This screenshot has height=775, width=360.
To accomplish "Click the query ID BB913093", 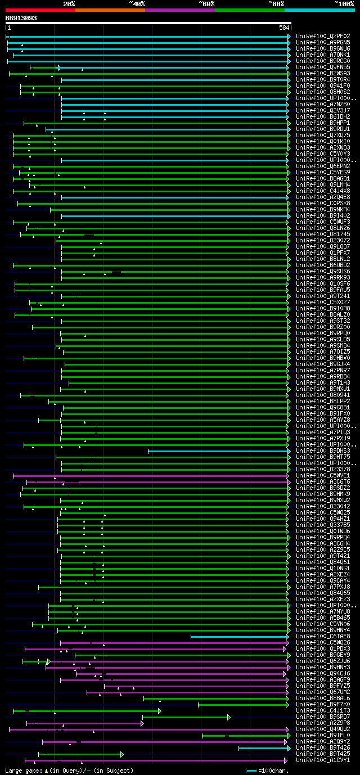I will (21, 18).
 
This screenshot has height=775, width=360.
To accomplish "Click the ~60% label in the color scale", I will (206, 3).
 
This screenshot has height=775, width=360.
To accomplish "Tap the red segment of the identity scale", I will (40, 10).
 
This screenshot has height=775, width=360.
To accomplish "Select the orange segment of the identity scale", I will (110, 10).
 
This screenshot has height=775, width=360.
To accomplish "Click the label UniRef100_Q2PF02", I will (323, 36).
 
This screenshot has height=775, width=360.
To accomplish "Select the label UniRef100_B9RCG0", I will (323, 61).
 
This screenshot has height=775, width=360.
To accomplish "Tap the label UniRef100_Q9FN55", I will (323, 67).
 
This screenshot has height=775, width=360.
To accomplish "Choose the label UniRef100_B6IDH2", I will (323, 116).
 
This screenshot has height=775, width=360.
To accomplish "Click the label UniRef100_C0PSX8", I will (323, 203).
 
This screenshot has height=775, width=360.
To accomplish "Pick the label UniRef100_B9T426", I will (323, 747).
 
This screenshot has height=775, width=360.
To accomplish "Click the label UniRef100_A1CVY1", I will (323, 760).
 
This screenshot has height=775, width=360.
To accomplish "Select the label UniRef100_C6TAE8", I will (323, 636).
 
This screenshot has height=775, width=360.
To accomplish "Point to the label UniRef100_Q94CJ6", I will (323, 673).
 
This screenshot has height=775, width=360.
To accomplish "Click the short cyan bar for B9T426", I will (263, 748).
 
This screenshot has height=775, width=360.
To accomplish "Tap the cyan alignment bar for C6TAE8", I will (239, 637).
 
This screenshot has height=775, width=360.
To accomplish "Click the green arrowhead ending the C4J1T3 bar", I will (160, 711).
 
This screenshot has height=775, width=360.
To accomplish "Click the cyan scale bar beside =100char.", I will (251, 771).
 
